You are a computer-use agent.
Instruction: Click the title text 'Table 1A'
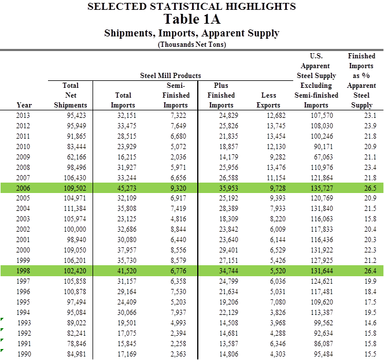191,19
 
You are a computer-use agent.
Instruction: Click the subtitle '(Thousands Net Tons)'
191,44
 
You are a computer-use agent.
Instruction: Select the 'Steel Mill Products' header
171,76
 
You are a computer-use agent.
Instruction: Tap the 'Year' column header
24,105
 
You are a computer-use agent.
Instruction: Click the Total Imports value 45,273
123,188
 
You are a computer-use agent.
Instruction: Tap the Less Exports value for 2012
269,126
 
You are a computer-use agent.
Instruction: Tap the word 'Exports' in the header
268,105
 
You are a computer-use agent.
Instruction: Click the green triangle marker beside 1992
2,331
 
